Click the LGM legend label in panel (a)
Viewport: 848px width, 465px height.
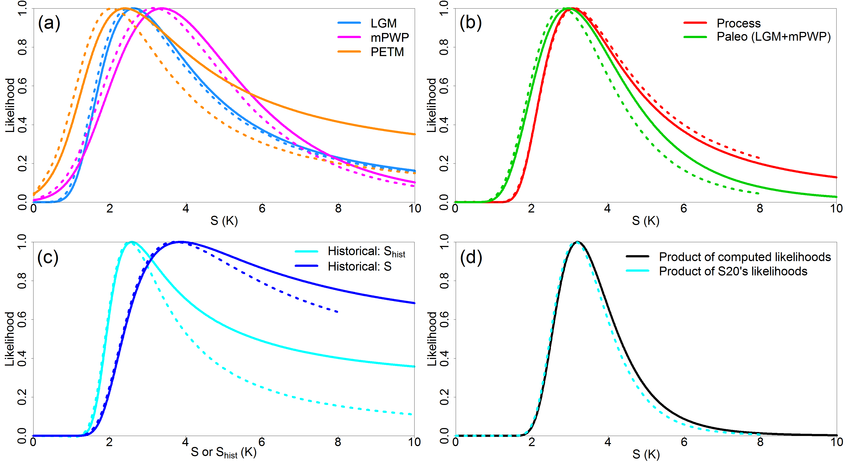coord(383,23)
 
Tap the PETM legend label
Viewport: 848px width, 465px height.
coord(387,52)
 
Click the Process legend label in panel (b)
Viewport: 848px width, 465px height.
coord(739,23)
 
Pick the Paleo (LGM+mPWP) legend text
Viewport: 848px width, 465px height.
coord(774,37)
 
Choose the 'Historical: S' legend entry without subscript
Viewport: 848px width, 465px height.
coord(359,266)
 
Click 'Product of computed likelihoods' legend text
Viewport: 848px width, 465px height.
coord(745,257)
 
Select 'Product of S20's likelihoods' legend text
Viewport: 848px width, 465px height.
coord(733,271)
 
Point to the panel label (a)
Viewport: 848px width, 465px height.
coord(49,23)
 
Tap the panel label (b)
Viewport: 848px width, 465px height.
coord(471,23)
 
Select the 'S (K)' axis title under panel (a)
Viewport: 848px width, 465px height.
coord(224,221)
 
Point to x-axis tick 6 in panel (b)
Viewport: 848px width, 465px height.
coord(684,209)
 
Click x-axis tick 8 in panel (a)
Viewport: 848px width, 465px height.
coord(338,209)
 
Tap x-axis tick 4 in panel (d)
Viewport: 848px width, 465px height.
coord(608,442)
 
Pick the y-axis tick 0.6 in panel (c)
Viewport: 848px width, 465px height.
coord(22,319)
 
